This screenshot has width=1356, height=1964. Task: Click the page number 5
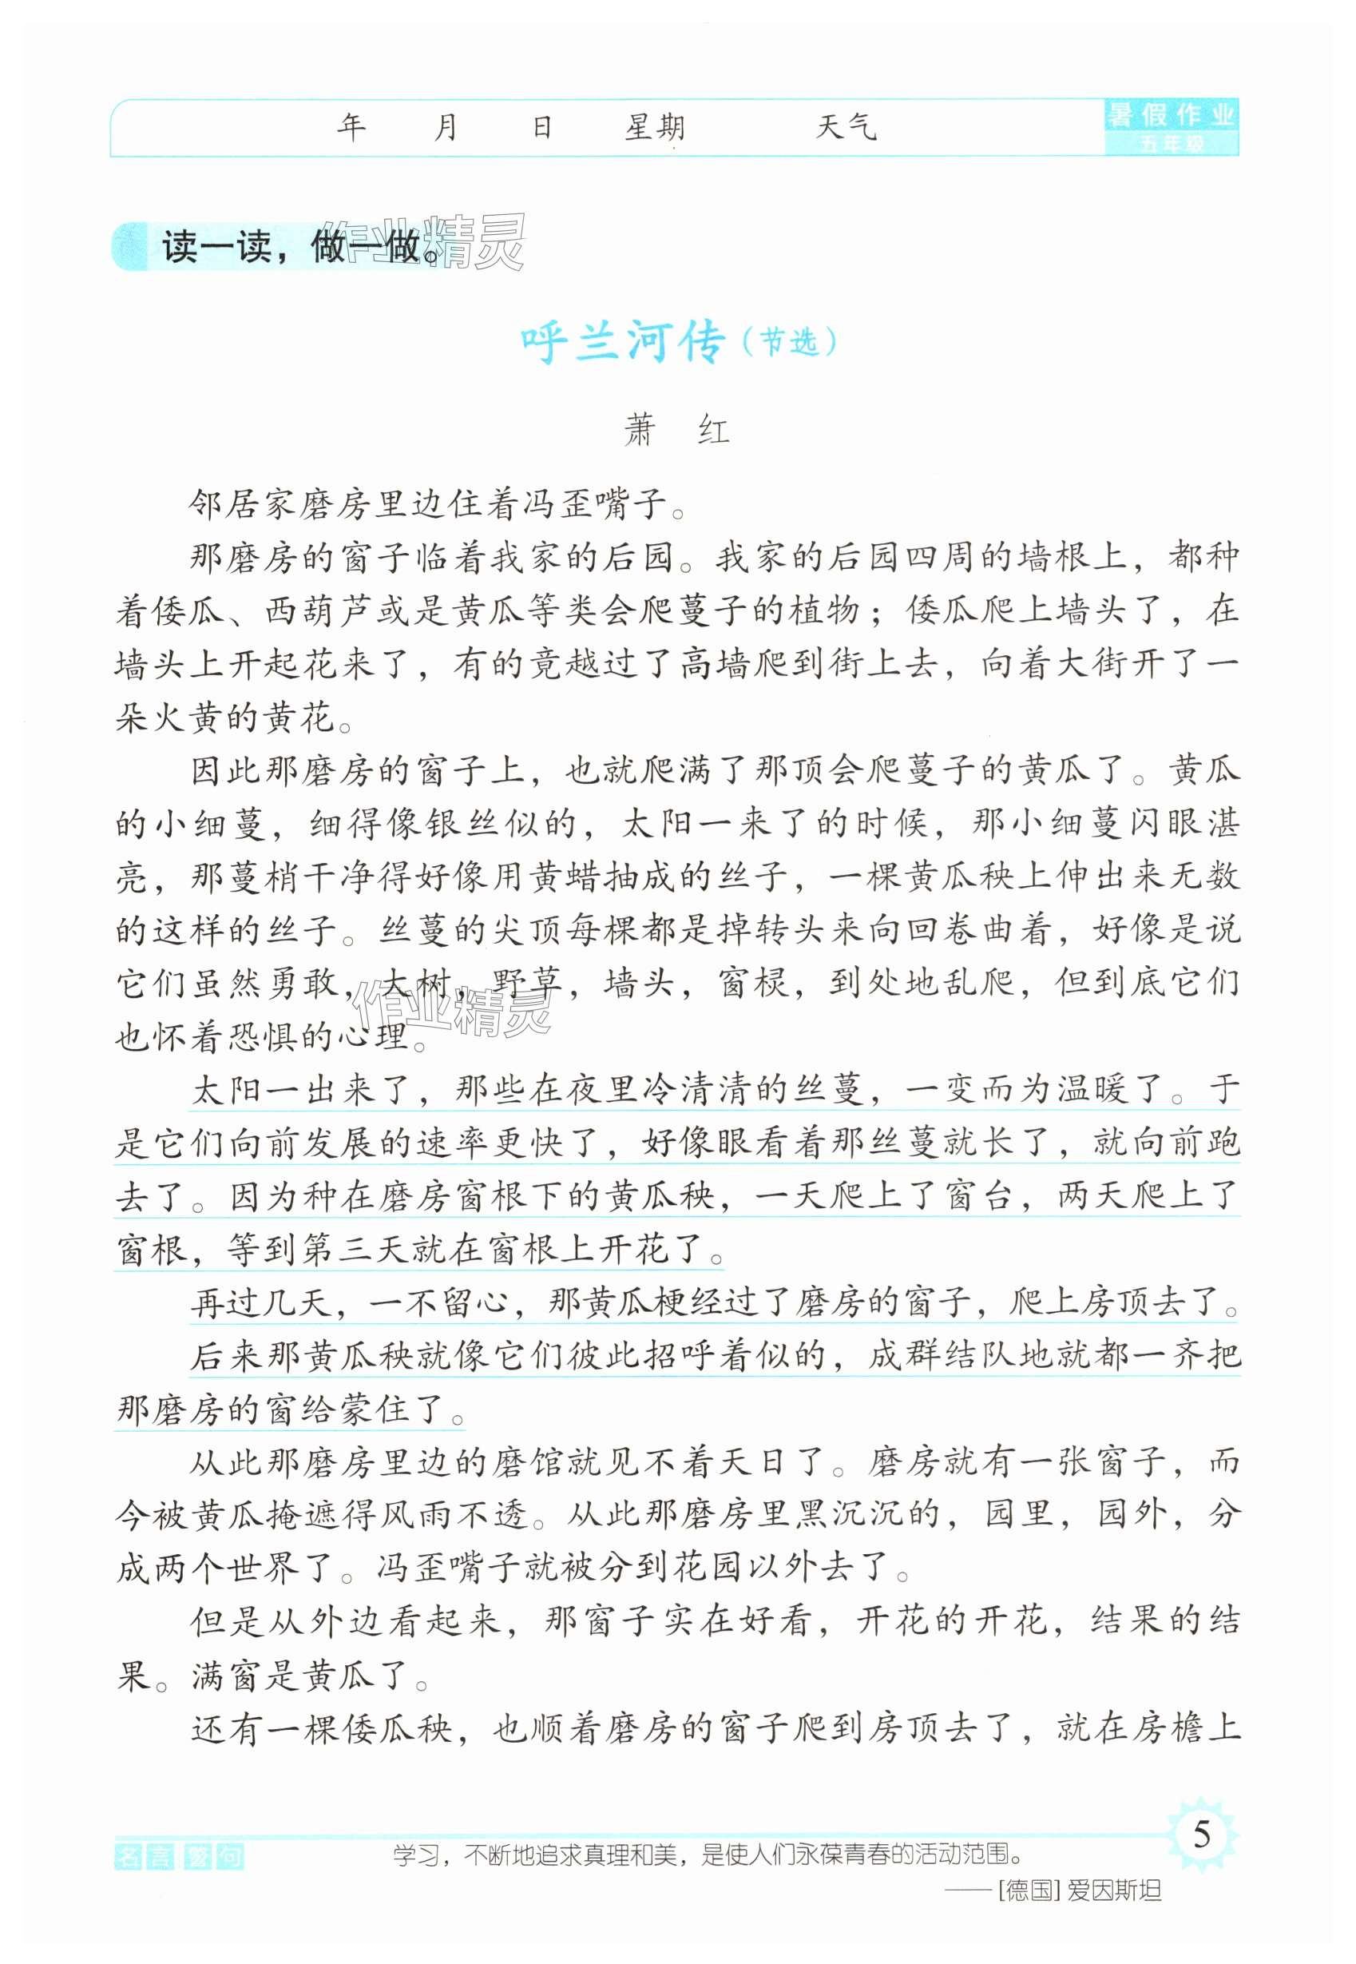pyautogui.click(x=1201, y=1835)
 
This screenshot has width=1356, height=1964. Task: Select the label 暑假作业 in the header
pyautogui.click(x=1171, y=115)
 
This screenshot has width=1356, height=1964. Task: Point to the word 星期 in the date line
pyautogui.click(x=654, y=129)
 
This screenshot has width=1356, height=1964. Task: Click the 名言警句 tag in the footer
pyautogui.click(x=178, y=1858)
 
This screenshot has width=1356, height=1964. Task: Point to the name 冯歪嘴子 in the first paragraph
pyautogui.click(x=589, y=506)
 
